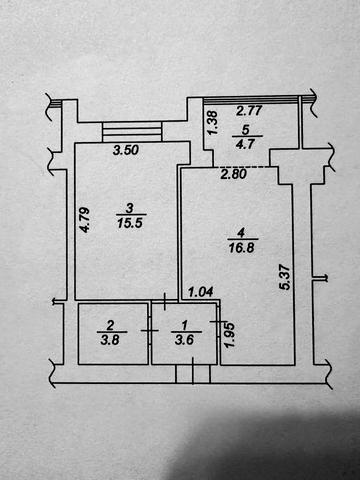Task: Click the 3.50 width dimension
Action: (x=126, y=150)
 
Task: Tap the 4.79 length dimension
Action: (x=85, y=220)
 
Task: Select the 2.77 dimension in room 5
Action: (x=249, y=111)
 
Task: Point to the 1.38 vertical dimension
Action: (x=212, y=123)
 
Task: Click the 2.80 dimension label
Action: (x=234, y=174)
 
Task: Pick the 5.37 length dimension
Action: (x=285, y=277)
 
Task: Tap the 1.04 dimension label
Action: (x=201, y=293)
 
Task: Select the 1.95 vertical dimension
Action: (x=230, y=335)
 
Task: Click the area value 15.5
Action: (x=130, y=223)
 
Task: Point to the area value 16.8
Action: (x=242, y=248)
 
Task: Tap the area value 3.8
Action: (x=110, y=340)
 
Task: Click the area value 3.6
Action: (x=185, y=340)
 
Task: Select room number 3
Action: (x=129, y=208)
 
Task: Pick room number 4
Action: (x=242, y=232)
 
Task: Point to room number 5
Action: (x=245, y=130)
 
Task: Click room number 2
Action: (x=110, y=325)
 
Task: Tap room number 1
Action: (x=185, y=324)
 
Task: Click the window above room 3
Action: (x=132, y=132)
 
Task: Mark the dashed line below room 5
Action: (x=241, y=167)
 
